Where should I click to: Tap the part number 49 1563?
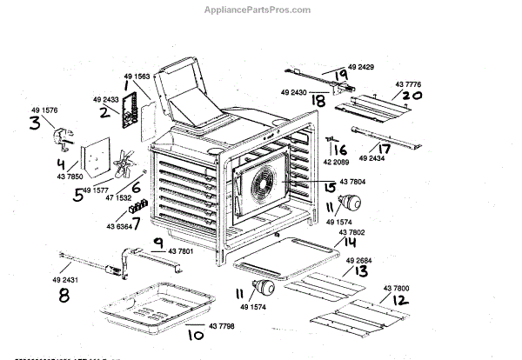tap(130, 75)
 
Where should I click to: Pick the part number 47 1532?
tap(127, 198)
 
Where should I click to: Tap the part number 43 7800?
tap(399, 288)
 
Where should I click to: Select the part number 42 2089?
tap(344, 161)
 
